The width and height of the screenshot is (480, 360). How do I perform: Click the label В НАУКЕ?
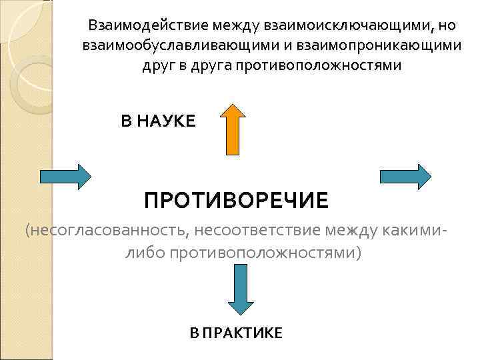[159, 121]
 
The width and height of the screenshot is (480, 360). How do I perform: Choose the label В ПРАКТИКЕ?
[236, 333]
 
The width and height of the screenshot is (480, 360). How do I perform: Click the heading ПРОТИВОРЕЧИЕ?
[237, 199]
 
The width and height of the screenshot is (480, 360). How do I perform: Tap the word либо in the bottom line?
[143, 253]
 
